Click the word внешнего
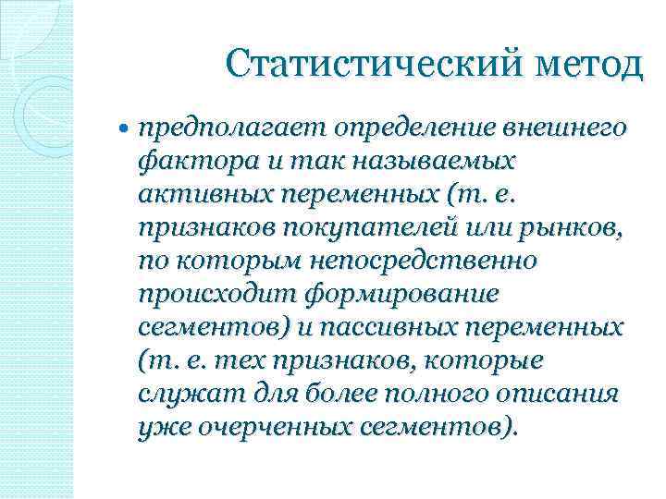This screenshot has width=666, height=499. pyautogui.click(x=568, y=128)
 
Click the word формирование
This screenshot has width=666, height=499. pyautogui.click(x=391, y=294)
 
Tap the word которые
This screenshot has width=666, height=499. pyautogui.click(x=494, y=360)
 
